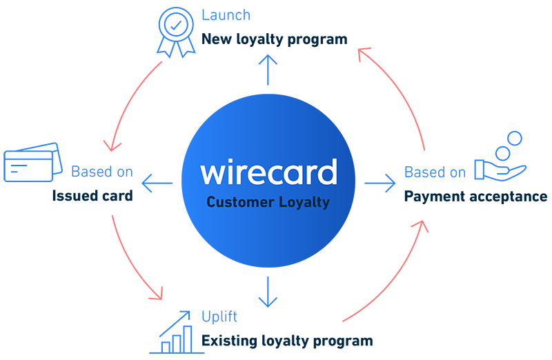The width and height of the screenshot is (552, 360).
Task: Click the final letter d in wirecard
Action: point(328,172)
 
